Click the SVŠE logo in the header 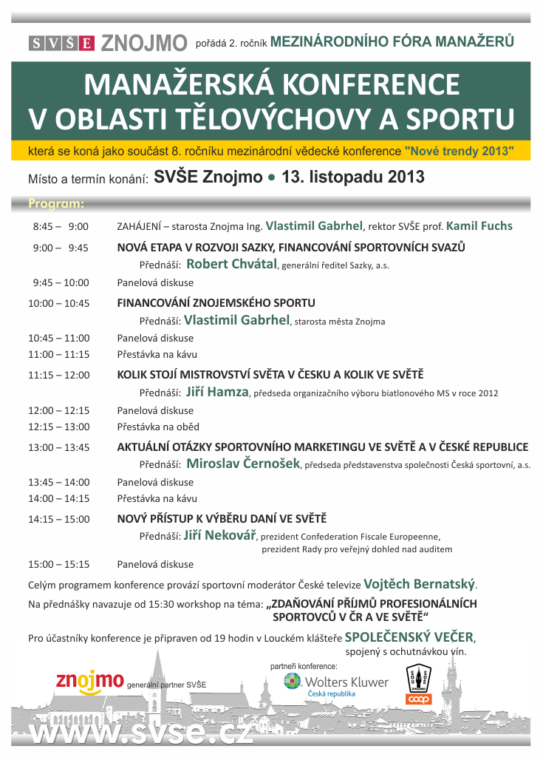(x=62, y=43)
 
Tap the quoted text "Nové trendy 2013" (x=459, y=151)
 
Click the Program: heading (x=56, y=203)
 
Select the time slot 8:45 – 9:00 (x=61, y=226)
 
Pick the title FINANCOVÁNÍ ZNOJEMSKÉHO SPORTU (x=216, y=303)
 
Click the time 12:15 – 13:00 (x=59, y=427)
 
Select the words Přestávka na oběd (x=158, y=427)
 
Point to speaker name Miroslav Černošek (x=243, y=464)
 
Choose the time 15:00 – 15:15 (x=59, y=564)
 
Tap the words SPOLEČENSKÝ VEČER (x=410, y=637)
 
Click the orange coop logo (x=418, y=698)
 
